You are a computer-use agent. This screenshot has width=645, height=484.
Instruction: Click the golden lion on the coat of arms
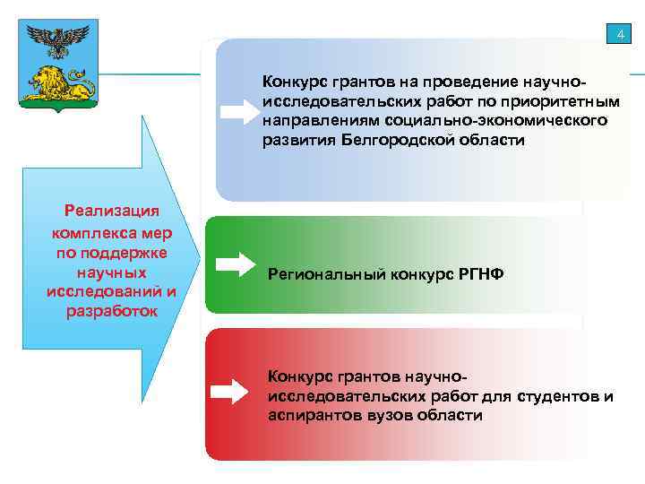(x=59, y=82)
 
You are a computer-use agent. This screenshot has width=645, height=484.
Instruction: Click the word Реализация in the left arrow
(x=112, y=211)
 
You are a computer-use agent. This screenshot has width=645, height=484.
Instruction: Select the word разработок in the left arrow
(x=112, y=311)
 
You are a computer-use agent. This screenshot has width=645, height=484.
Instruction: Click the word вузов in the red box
(x=391, y=415)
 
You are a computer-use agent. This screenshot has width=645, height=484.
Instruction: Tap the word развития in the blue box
(x=298, y=141)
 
